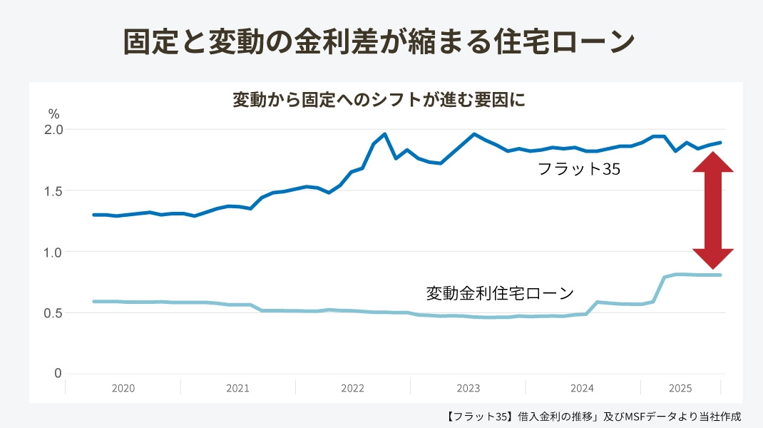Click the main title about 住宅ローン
coord(379,41)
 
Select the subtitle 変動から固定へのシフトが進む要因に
coord(379,100)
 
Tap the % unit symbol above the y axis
coord(53,114)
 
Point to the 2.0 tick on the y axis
coord(54,130)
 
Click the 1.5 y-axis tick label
coord(54,191)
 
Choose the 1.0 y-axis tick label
coord(54,252)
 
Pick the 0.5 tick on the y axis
coord(54,313)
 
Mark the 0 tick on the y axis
coord(58,374)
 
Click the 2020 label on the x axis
coord(123,389)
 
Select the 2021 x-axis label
coord(237,389)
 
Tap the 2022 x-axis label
coord(352,389)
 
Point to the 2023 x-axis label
coord(468,389)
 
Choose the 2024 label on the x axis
coord(583,389)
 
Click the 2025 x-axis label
coord(680,389)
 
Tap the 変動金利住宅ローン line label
coord(500,293)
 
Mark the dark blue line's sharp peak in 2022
coord(384,133)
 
